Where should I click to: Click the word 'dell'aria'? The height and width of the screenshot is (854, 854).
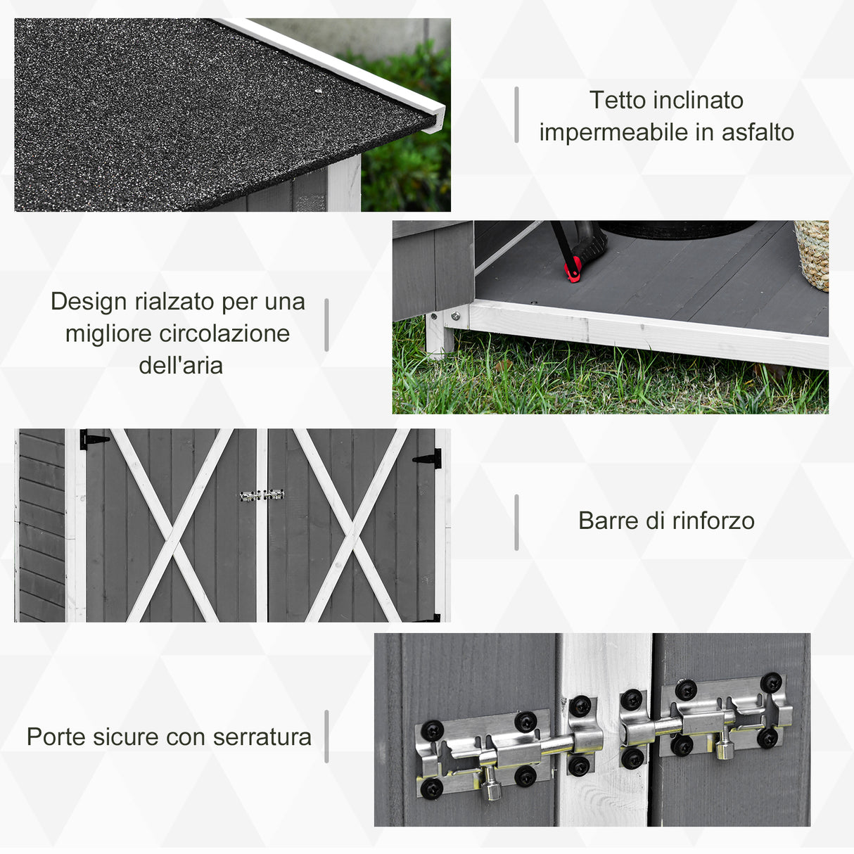(181, 366)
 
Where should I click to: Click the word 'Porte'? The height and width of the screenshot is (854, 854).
(56, 737)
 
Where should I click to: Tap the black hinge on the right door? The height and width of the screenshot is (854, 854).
(428, 459)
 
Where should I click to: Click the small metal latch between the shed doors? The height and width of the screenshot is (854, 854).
(262, 495)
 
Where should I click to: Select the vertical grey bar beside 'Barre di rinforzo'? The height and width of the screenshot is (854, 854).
(516, 522)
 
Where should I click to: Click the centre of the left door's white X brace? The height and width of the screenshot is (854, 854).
(172, 525)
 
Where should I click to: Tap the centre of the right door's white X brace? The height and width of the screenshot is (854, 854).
(352, 525)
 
